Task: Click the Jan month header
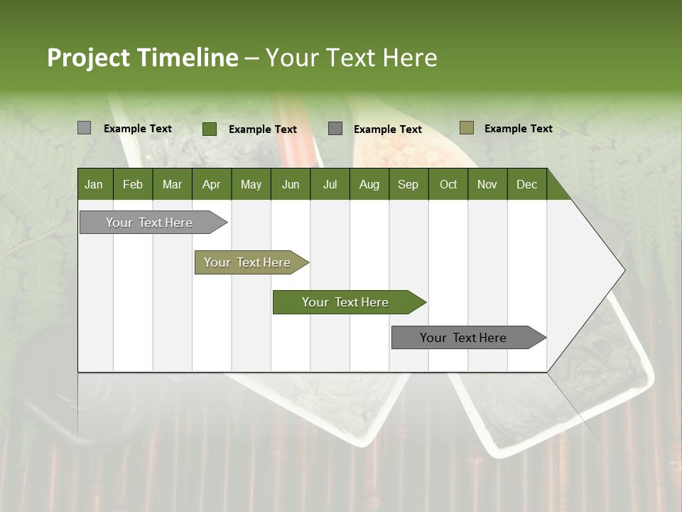[x=94, y=184]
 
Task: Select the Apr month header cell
[x=212, y=184]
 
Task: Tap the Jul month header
[x=330, y=184]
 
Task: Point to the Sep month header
[x=408, y=184]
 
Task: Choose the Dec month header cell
[x=526, y=184]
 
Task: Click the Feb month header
[x=133, y=184]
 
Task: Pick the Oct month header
[x=448, y=184]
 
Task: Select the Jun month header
[x=291, y=184]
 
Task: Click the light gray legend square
[x=84, y=128]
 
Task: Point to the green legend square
[x=210, y=129]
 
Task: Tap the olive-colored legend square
[x=467, y=128]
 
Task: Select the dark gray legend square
[x=335, y=129]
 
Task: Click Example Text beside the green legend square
[x=263, y=129]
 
